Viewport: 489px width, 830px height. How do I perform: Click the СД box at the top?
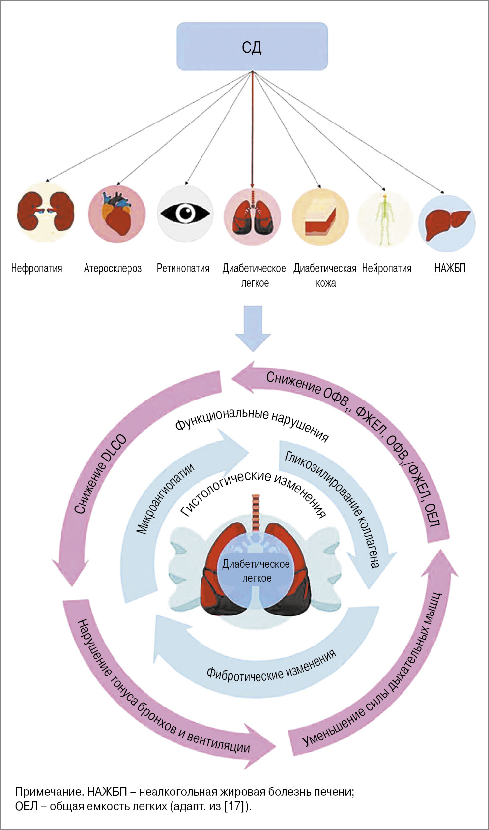252,46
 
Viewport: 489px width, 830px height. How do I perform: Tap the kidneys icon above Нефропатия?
45,213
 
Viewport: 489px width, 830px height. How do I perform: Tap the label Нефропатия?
37,268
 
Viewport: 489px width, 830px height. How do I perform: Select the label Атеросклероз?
113,268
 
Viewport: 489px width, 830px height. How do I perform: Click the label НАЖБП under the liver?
450,268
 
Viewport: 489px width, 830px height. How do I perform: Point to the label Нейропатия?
387,268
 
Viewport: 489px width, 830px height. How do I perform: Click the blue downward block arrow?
253,328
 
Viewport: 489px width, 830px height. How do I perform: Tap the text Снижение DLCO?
100,474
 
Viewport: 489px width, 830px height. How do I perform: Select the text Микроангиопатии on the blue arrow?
165,498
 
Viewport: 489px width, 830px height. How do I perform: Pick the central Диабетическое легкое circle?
256,571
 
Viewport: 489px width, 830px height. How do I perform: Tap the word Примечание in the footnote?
48,792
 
